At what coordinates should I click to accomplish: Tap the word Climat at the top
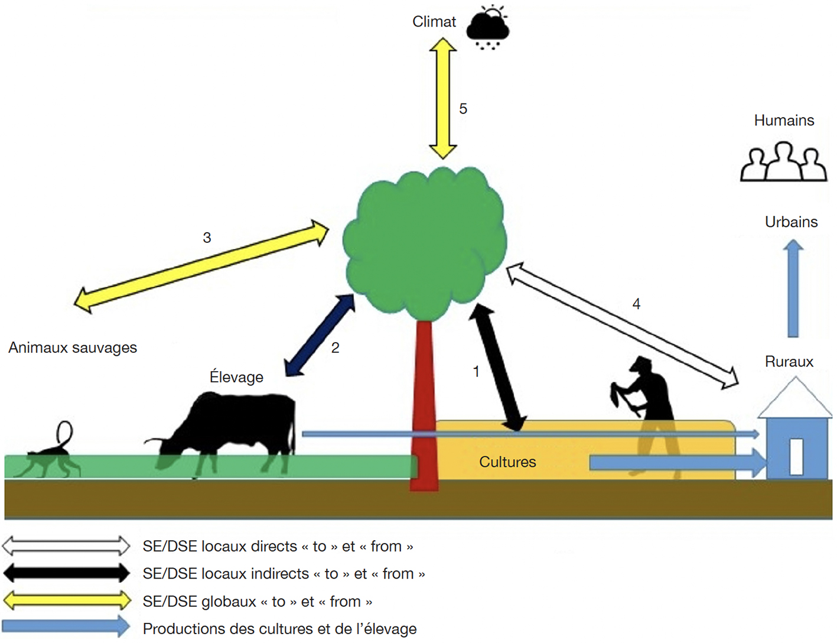[434, 22]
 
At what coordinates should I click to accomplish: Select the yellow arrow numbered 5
[443, 98]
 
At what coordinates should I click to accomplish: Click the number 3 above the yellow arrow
[207, 238]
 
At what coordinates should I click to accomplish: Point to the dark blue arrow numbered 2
[320, 335]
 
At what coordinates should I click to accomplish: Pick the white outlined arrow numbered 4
[622, 326]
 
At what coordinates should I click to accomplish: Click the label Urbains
[791, 222]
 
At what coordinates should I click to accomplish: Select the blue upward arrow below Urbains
[793, 288]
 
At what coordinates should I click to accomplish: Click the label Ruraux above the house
[789, 362]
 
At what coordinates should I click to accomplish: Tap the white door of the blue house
[796, 457]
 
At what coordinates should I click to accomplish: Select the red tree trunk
[424, 404]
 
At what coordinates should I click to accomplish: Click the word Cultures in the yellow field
[507, 462]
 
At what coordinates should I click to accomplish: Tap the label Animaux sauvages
[73, 348]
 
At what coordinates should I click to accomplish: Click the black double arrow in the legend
[66, 573]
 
